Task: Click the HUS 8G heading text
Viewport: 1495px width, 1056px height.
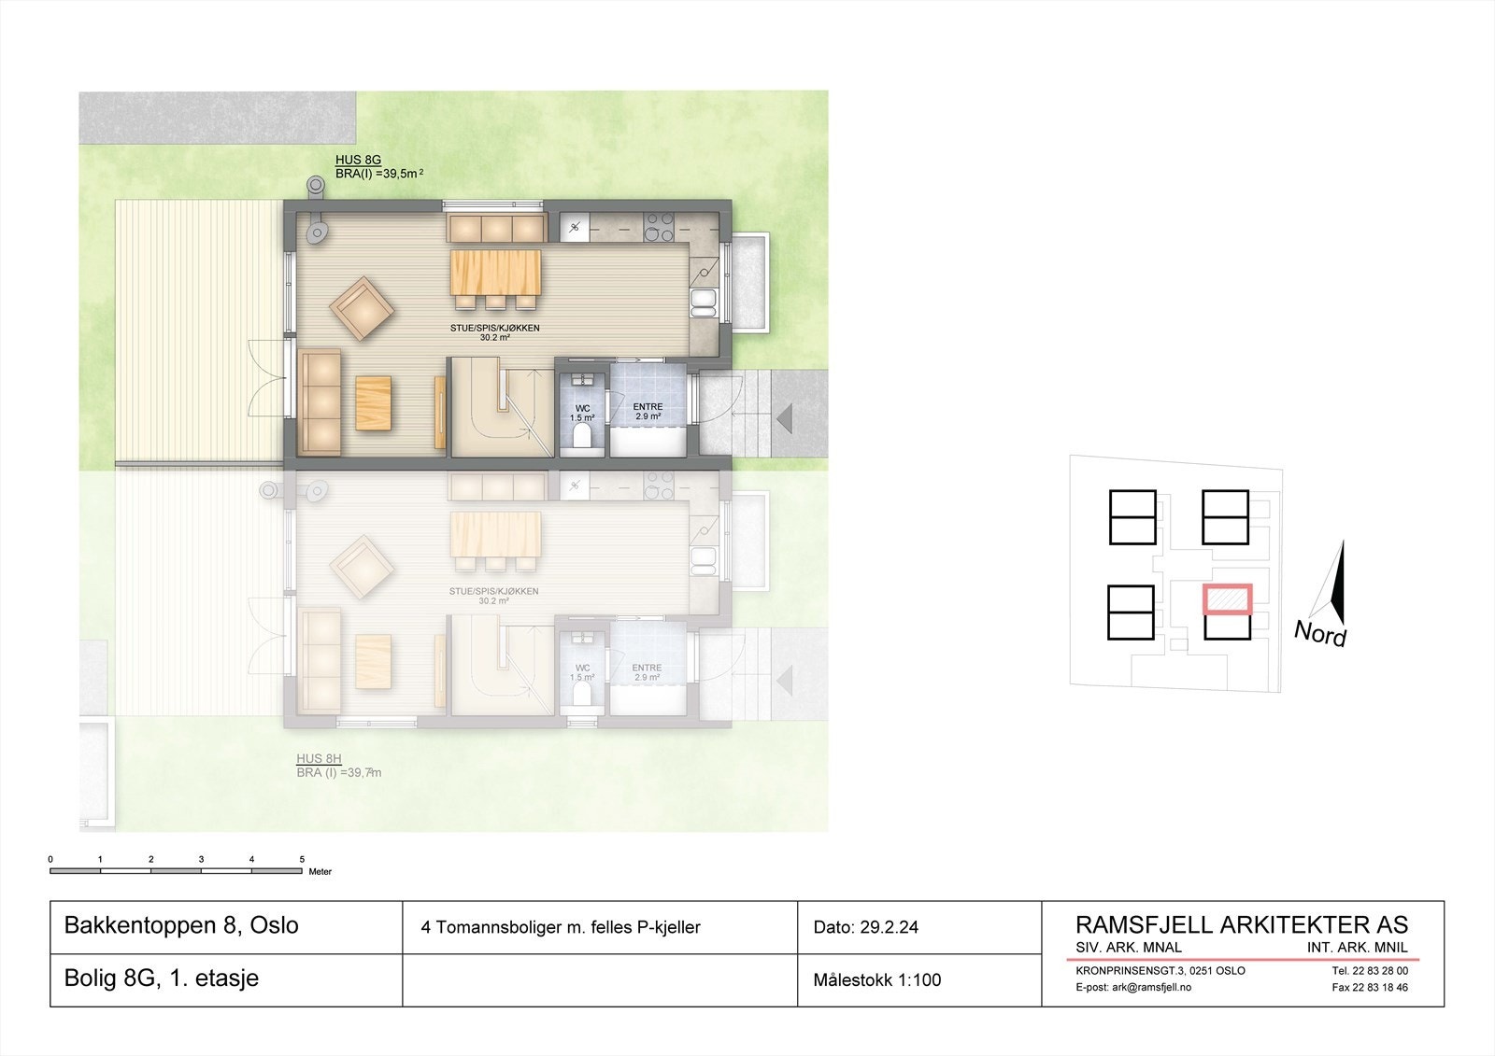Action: click(358, 161)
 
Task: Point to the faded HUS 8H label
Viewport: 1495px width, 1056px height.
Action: click(319, 759)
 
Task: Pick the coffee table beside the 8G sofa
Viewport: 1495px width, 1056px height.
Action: click(373, 402)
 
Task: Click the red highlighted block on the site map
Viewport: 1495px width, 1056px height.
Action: click(1227, 598)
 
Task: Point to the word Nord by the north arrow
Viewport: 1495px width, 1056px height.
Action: click(1319, 634)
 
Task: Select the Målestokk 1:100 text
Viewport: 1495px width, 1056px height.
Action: click(876, 980)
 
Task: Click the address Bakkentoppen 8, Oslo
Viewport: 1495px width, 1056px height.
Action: click(181, 925)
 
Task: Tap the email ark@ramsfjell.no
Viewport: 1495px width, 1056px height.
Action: click(1133, 987)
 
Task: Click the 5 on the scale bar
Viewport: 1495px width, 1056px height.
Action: click(302, 859)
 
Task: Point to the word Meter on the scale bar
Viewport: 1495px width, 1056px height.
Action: click(320, 872)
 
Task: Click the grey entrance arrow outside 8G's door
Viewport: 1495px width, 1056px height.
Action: click(785, 418)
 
